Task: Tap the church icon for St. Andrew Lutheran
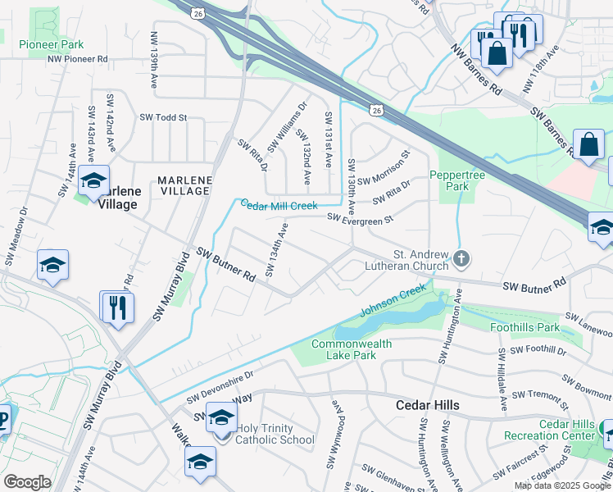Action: coord(462,260)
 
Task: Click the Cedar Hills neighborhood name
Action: coord(427,406)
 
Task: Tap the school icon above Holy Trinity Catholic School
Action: coord(220,419)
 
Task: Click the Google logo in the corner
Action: coord(27,482)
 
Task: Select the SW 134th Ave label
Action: coord(276,249)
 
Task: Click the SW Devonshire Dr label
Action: coord(220,385)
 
